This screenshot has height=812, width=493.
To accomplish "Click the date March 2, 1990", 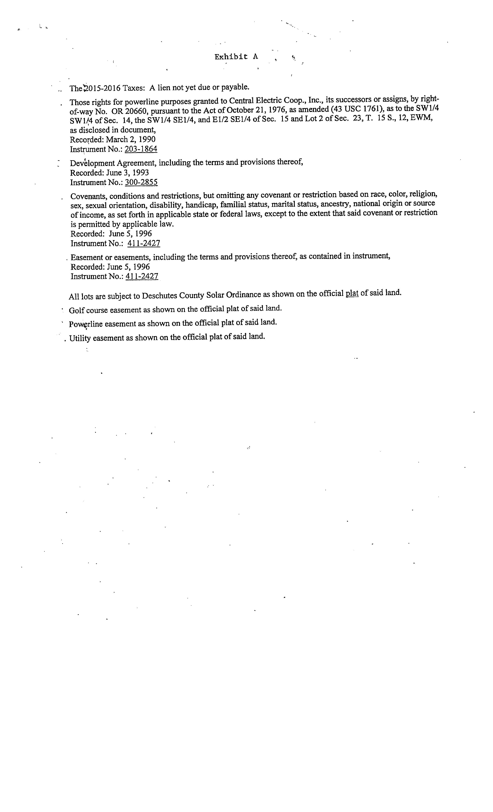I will (x=130, y=139).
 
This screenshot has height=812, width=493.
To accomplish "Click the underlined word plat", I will (x=352, y=293).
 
